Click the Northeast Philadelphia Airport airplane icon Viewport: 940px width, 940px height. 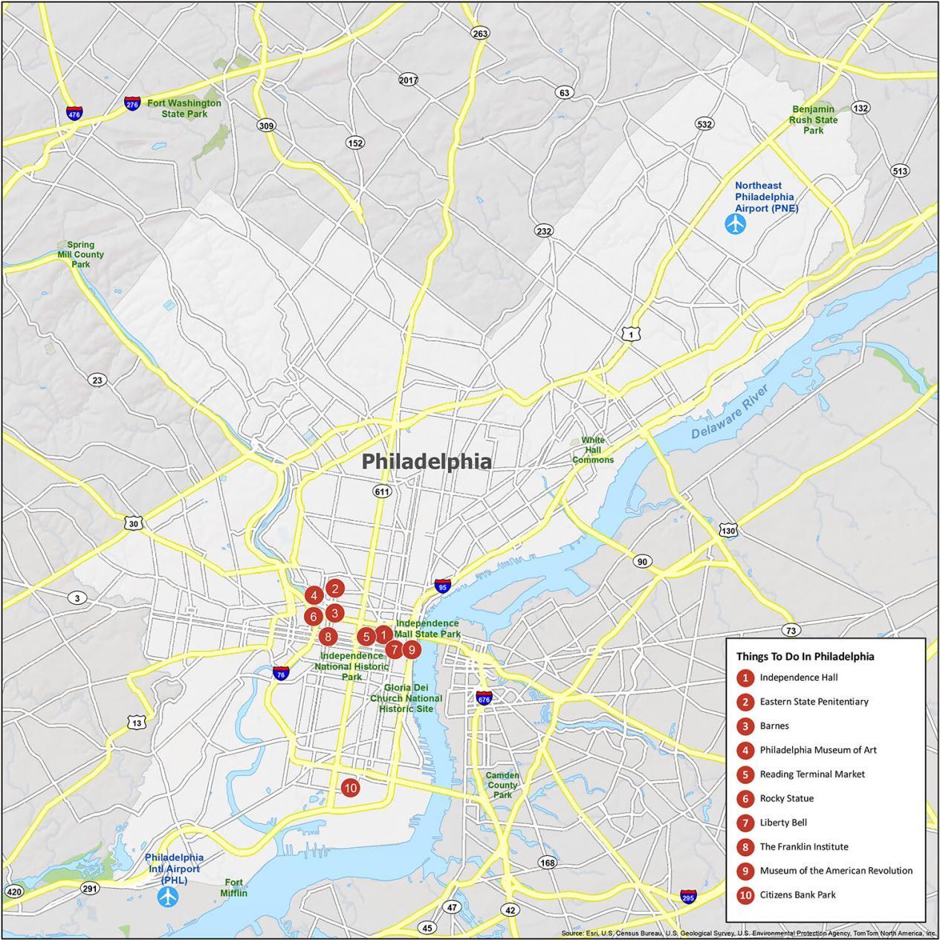tap(736, 224)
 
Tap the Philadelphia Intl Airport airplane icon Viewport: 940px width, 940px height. tap(169, 897)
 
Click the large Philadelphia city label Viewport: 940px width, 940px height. tap(427, 461)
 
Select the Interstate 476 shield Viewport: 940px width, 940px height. tap(74, 114)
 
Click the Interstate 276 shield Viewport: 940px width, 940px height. tap(132, 104)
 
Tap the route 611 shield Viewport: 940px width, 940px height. tap(382, 491)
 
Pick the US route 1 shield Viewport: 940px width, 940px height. tap(630, 335)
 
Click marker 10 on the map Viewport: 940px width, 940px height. tap(350, 788)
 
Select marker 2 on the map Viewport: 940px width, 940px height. tap(335, 589)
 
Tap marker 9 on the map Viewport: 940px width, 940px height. tap(411, 649)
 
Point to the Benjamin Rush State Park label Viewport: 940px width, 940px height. tap(814, 120)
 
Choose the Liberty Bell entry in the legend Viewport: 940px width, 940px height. tap(782, 823)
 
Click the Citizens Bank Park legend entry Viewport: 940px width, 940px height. tap(797, 895)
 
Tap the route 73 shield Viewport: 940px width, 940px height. tap(791, 630)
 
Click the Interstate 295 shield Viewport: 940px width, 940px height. tap(688, 897)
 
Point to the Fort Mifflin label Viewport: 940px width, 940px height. tap(233, 887)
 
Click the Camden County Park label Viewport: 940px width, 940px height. tap(502, 785)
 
